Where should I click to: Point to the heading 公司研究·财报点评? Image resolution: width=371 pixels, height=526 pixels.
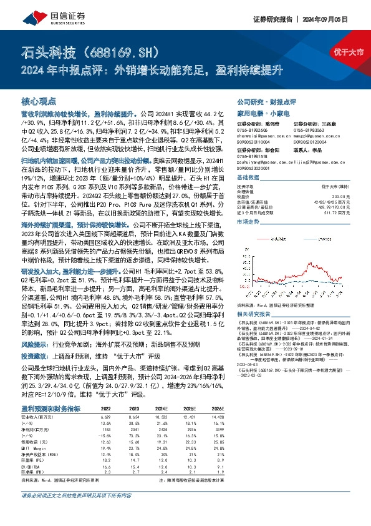pyautogui.click(x=266, y=101)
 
